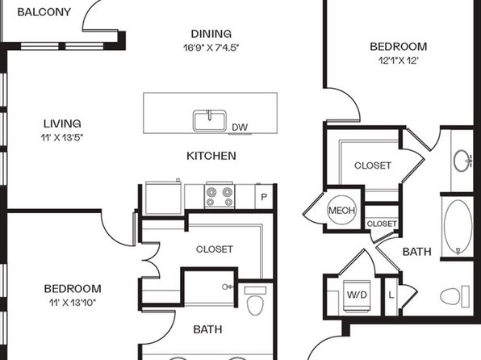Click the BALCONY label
pos(44,12)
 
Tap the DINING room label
pos(211,34)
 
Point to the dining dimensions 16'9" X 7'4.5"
pos(211,48)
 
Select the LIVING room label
pos(62,123)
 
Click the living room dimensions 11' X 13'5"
pos(62,137)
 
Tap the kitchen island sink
pos(210,120)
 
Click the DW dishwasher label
pos(240,127)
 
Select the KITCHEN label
pos(211,156)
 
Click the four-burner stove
pos(220,196)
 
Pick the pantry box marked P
pos(264,197)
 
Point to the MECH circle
pos(341,210)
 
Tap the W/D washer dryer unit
pos(357,295)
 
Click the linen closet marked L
pos(391,296)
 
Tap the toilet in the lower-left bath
pos(255,301)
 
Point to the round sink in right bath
pos(463,161)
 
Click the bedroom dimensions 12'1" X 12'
pos(399,61)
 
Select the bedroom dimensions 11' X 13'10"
pos(73,303)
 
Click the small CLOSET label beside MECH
pos(382,224)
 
